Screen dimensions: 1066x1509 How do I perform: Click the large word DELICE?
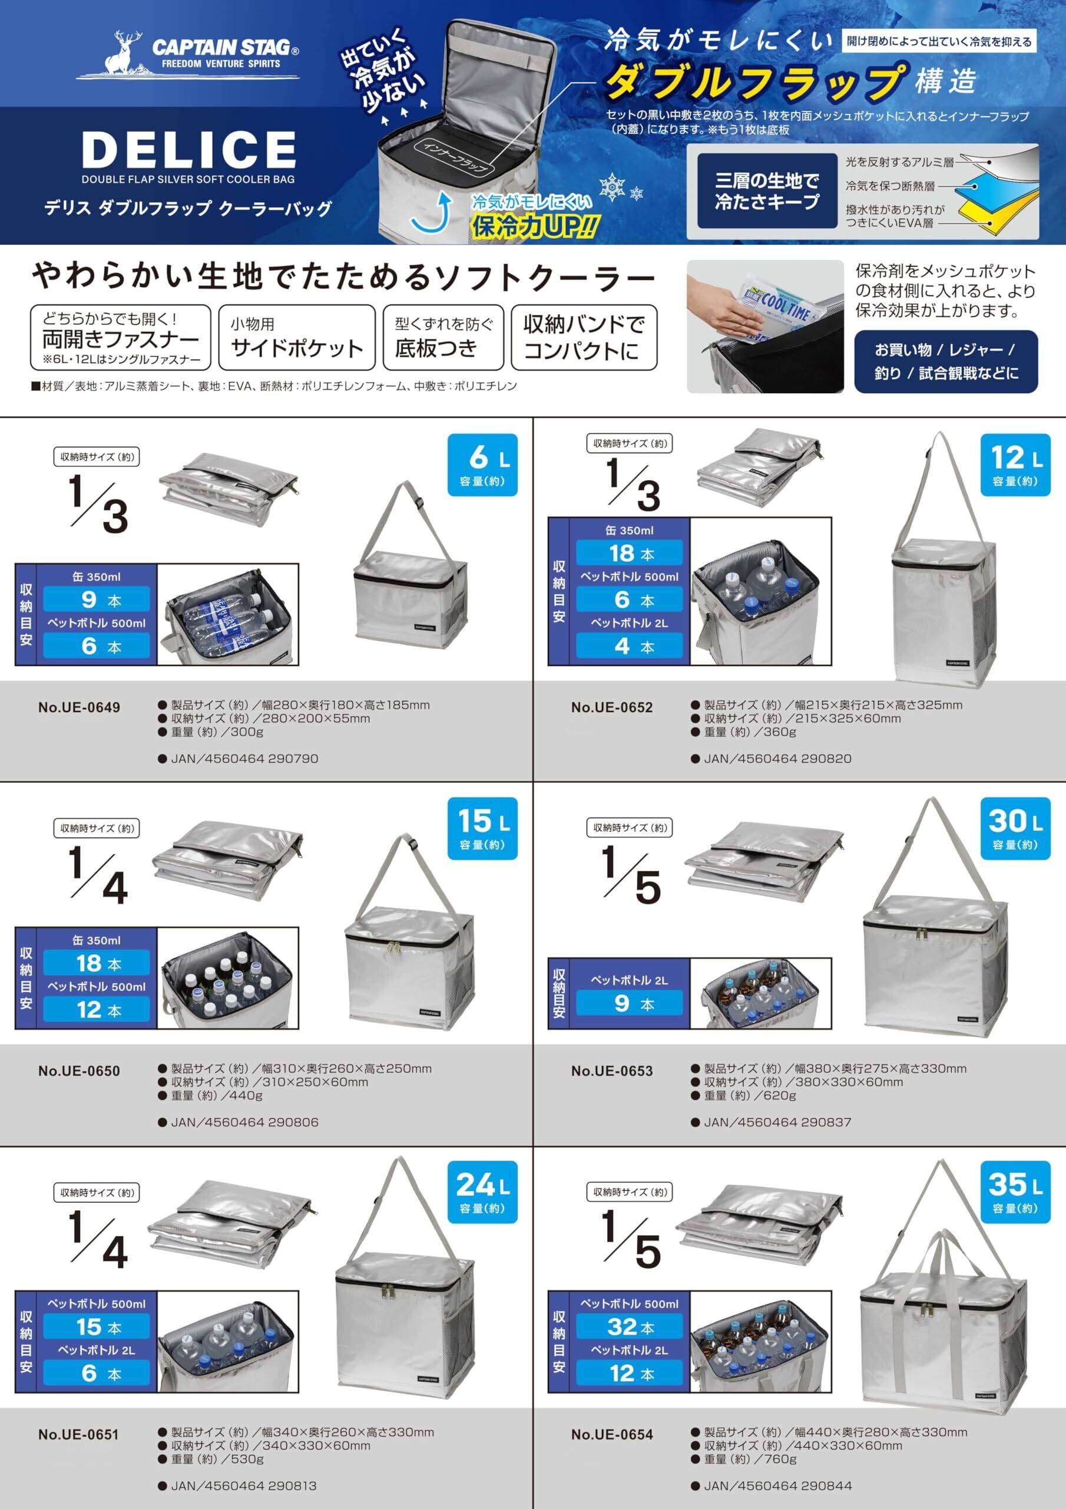[189, 149]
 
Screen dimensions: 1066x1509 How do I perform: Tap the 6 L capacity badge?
[483, 464]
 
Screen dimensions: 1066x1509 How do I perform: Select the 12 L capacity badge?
[1015, 464]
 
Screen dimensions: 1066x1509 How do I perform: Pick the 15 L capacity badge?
[483, 828]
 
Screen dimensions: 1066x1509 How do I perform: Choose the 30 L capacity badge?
[1015, 828]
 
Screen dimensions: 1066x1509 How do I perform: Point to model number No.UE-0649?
[79, 708]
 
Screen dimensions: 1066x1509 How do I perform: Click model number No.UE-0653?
[612, 1071]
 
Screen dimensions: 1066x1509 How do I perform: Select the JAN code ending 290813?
[244, 1486]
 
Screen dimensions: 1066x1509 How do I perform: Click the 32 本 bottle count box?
[630, 1327]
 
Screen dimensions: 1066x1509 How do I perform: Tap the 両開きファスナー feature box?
[121, 337]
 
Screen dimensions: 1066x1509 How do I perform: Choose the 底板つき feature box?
[443, 337]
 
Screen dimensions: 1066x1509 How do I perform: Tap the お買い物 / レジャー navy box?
[946, 361]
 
